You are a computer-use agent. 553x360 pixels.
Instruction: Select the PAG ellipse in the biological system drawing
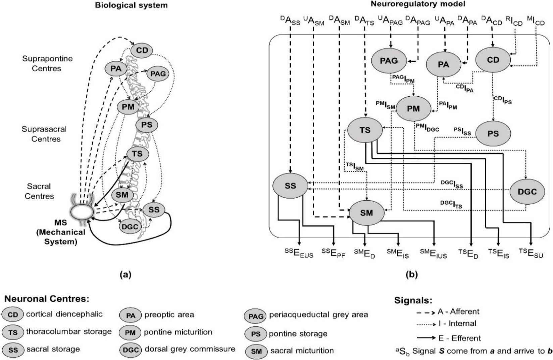pos(158,74)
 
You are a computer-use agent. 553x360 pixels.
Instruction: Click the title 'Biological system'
pos(131,5)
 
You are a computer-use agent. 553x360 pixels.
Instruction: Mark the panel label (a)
pos(125,275)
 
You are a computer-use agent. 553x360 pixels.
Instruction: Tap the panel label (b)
pos(412,275)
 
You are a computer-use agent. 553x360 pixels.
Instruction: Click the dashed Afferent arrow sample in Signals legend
pos(425,312)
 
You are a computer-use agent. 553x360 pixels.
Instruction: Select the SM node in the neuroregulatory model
pos(366,213)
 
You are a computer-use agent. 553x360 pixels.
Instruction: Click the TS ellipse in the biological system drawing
pos(137,154)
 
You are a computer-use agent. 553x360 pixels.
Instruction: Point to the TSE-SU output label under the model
pos(531,254)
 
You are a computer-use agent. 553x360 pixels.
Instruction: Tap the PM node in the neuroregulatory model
pos(413,109)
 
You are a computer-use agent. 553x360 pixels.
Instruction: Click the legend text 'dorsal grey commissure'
pos(190,349)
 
